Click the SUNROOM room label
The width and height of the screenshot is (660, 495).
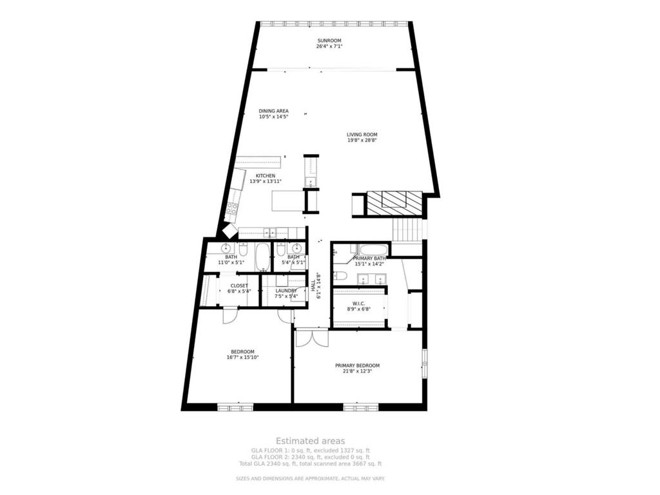pos(329,41)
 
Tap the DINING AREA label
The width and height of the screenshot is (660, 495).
pos(273,111)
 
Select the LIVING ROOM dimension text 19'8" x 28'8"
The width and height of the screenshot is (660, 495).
pos(362,140)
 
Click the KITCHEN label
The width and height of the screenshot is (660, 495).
pos(266,176)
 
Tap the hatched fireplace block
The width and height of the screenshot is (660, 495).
pos(394,204)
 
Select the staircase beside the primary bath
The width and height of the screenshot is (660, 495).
pos(407,229)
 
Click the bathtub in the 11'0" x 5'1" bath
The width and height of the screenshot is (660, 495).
pos(262,257)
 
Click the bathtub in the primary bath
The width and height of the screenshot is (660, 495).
pos(374,251)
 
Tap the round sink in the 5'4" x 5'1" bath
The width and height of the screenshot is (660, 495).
pos(296,248)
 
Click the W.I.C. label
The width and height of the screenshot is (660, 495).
pos(360,304)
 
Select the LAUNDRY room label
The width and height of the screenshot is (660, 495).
pos(286,291)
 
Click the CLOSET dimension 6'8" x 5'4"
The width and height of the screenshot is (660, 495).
pos(239,291)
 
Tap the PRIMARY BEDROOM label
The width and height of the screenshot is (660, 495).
pos(357,365)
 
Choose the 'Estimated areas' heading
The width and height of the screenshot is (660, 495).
pos(311,441)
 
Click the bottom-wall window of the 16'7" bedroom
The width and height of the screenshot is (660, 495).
pos(235,407)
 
